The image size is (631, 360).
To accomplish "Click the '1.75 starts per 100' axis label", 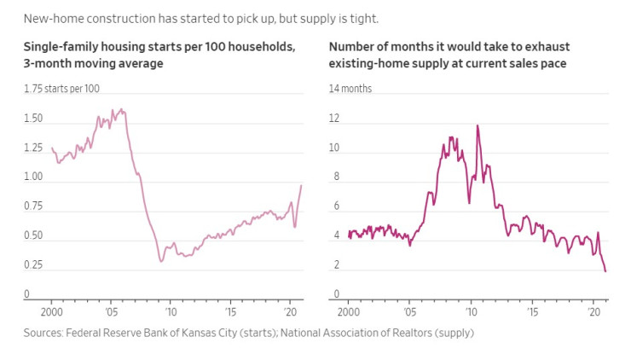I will tap(62, 89).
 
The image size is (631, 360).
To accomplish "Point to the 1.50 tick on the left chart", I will tap(33, 119).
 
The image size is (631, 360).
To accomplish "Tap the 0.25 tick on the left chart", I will tap(33, 265).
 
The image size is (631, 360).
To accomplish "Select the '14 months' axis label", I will tap(350, 89).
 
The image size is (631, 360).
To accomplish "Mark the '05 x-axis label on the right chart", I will tap(410, 313).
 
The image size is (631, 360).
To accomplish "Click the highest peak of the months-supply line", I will tap(478, 125).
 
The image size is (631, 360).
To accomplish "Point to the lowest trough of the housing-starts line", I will tap(161, 261).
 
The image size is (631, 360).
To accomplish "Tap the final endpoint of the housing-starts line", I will tap(301, 185).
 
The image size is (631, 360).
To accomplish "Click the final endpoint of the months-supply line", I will tap(605, 271).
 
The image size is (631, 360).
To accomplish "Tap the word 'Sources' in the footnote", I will tap(43, 333).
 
